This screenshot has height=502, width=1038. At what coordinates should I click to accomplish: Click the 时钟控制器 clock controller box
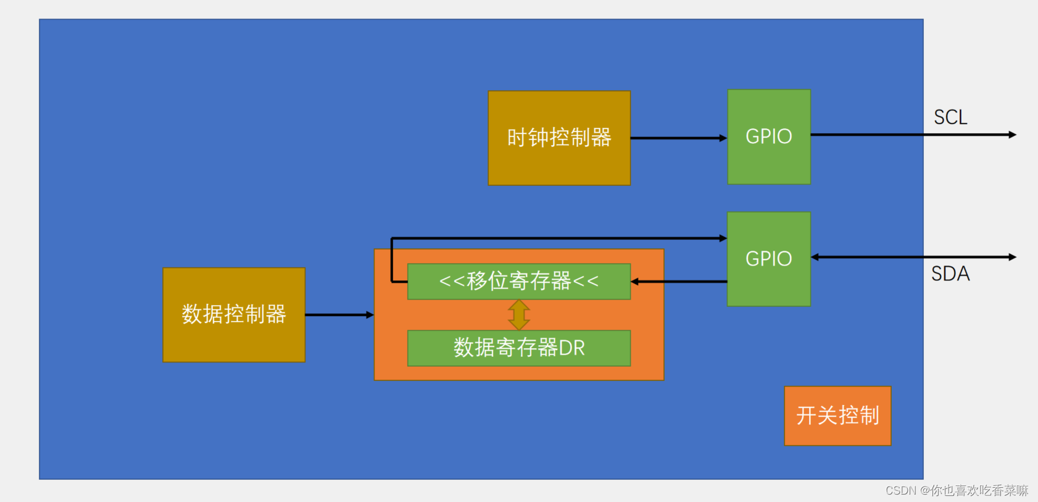pyautogui.click(x=559, y=138)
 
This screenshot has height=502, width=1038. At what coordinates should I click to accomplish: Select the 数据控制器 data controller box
pyautogui.click(x=234, y=314)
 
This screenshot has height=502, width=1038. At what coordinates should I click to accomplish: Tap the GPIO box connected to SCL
pyautogui.click(x=769, y=136)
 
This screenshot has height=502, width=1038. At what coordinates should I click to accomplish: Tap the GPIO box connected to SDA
pyautogui.click(x=769, y=259)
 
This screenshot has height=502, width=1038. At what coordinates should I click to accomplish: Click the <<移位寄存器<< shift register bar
pyautogui.click(x=519, y=282)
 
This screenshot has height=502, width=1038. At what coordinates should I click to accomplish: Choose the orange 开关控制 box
pyautogui.click(x=837, y=416)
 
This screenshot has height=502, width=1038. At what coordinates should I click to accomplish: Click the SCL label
pyautogui.click(x=950, y=117)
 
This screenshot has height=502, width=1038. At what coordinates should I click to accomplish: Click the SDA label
pyautogui.click(x=950, y=274)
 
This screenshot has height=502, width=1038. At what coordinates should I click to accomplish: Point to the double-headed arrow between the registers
pyautogui.click(x=519, y=315)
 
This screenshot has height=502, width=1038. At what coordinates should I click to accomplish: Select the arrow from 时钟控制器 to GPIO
pyautogui.click(x=679, y=138)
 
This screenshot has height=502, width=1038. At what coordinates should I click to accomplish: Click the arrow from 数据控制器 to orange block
pyautogui.click(x=339, y=315)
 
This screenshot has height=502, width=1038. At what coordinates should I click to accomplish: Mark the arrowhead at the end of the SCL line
pyautogui.click(x=1012, y=135)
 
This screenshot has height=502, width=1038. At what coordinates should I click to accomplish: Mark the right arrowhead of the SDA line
pyautogui.click(x=1012, y=257)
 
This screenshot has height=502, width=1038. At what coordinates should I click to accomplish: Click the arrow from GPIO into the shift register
pyautogui.click(x=679, y=282)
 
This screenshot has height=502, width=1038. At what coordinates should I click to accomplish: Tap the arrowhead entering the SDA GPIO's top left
pyautogui.click(x=723, y=238)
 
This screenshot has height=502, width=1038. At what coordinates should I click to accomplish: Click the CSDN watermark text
pyautogui.click(x=957, y=490)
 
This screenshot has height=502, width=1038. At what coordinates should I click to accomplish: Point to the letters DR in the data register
pyautogui.click(x=572, y=348)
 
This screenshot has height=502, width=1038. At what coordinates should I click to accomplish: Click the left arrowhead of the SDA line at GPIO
pyautogui.click(x=815, y=257)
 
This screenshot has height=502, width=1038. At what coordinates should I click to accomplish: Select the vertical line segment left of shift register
pyautogui.click(x=392, y=259)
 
